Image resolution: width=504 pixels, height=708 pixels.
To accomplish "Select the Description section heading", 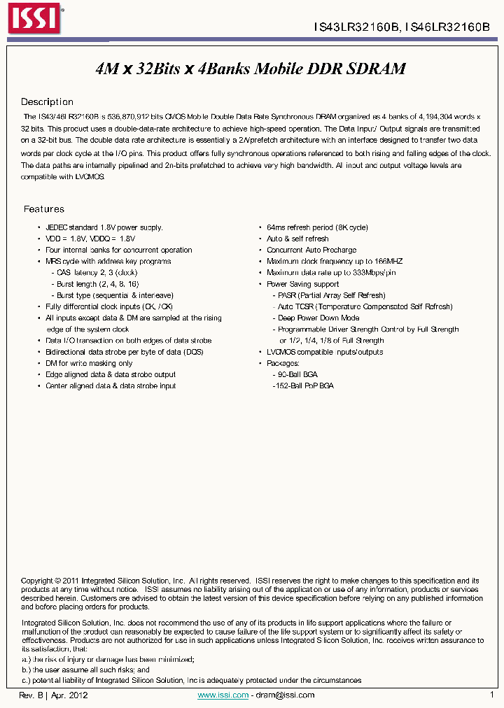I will pyautogui.click(x=47, y=102).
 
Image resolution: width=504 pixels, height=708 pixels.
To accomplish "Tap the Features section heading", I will pyautogui.click(x=43, y=209).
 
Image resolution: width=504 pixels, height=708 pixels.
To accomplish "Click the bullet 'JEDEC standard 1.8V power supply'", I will pyautogui.click(x=104, y=227).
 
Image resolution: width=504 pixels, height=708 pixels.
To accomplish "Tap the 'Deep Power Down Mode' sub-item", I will pyautogui.click(x=318, y=318).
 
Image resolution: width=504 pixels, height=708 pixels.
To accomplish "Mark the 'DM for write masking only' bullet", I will pyautogui.click(x=89, y=363).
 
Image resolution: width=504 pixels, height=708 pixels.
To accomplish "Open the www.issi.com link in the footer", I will pyautogui.click(x=223, y=695).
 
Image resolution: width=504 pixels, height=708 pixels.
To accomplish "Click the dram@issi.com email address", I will pyautogui.click(x=285, y=695).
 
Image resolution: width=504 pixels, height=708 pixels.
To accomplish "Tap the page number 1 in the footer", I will pyautogui.click(x=491, y=695).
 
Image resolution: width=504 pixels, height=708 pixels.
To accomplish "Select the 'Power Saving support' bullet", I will pyautogui.click(x=302, y=284).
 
